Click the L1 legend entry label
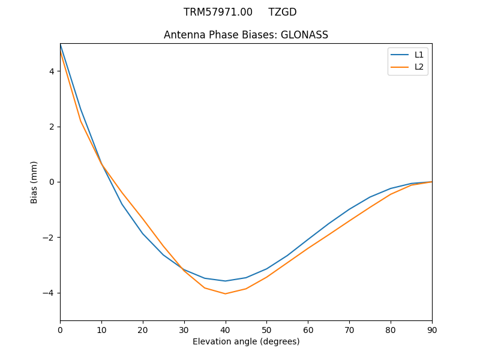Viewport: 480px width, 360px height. [x=419, y=55]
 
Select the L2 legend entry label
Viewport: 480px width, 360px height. [x=419, y=67]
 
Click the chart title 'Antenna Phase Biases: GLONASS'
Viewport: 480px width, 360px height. [x=246, y=35]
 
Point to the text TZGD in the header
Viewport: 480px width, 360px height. [x=282, y=12]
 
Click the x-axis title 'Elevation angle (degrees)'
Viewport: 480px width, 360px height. [x=246, y=341]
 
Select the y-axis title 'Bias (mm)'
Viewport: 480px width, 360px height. [x=34, y=182]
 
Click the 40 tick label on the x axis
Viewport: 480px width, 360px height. [x=226, y=329]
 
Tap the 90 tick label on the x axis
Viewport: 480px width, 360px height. [x=432, y=329]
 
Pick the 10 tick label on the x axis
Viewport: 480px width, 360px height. [x=101, y=329]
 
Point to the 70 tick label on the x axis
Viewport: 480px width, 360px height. [x=349, y=329]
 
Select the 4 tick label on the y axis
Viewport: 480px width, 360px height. [x=52, y=71]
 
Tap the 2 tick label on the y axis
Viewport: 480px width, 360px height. [x=52, y=127]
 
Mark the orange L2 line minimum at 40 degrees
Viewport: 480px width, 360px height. [x=226, y=293]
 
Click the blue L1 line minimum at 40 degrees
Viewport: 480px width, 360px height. [x=226, y=281]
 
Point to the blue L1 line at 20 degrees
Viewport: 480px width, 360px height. [x=143, y=233]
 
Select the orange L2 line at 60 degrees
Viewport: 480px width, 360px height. [x=308, y=248]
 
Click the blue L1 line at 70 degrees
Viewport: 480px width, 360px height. [x=349, y=209]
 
